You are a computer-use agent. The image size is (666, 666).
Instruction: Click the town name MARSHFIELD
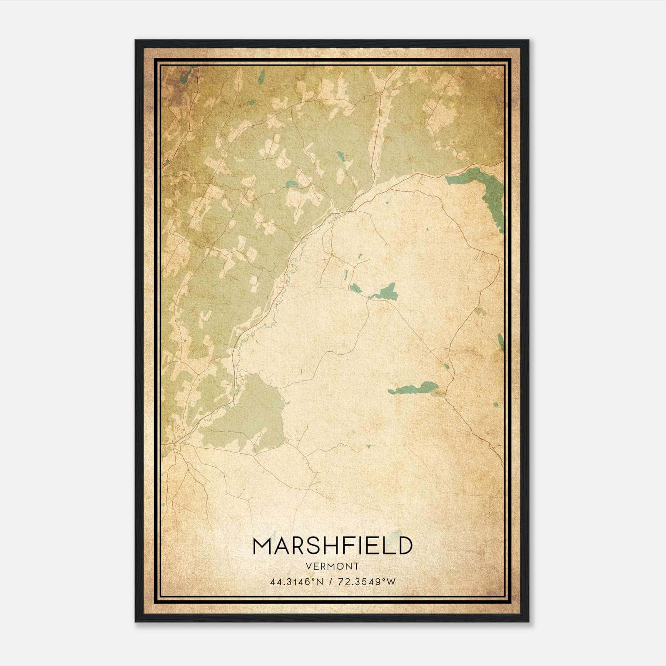click(333, 546)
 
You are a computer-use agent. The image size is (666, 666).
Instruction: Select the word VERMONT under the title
click(333, 566)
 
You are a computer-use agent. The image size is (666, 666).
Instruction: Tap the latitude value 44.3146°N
click(296, 582)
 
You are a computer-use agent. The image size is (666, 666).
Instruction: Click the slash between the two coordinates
click(331, 582)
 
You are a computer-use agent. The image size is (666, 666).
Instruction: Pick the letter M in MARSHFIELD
click(262, 546)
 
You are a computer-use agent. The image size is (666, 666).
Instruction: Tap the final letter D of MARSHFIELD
click(404, 546)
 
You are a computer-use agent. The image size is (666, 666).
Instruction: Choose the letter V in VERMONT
click(308, 566)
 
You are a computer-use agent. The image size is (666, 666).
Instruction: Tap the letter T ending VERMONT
click(357, 566)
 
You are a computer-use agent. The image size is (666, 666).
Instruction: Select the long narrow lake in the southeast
click(414, 388)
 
